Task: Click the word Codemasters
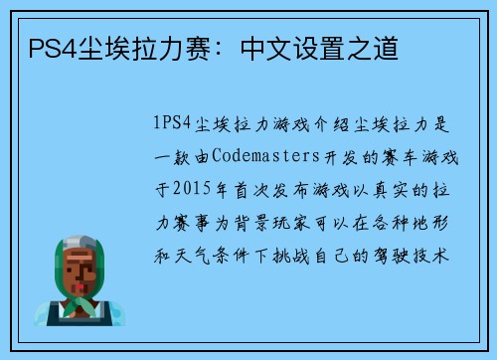point(252,156)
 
